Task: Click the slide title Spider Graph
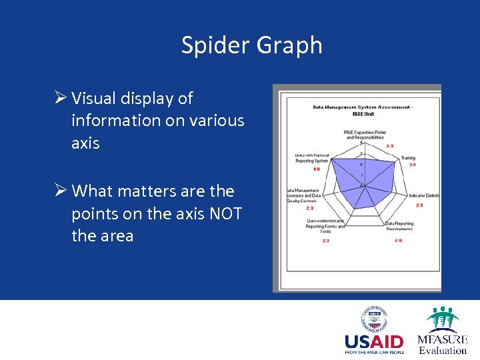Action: (251, 45)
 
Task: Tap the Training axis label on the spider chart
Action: (407, 158)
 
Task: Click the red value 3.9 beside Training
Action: (412, 165)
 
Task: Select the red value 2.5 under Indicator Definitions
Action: (419, 205)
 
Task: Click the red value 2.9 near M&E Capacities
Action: (389, 145)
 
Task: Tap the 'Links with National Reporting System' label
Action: (311, 158)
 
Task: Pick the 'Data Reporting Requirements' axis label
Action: (399, 225)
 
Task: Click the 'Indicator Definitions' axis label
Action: (424, 195)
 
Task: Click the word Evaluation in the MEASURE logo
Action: (443, 350)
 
